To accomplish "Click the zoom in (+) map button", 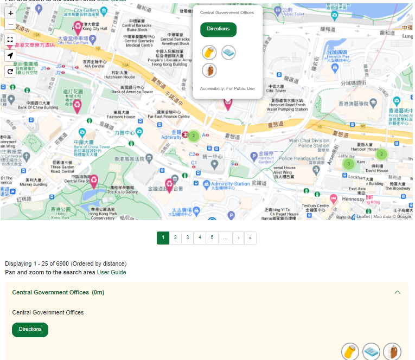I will [x=11, y=12].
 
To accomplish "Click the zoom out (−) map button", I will [x=11, y=24].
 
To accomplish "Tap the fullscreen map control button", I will [x=11, y=40].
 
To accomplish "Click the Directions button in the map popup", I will [x=218, y=29].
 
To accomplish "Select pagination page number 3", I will [x=187, y=237].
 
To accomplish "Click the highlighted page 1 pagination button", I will [x=163, y=237].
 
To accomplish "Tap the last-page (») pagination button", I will [x=250, y=237].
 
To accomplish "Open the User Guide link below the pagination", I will [x=111, y=272].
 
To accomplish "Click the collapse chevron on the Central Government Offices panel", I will [x=398, y=292].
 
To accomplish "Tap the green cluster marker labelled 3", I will [x=349, y=163].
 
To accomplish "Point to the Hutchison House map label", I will [x=119, y=74].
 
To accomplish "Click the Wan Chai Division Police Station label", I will [x=309, y=143].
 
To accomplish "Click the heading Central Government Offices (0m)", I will [x=58, y=292].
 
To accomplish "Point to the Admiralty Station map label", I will [x=230, y=184].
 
